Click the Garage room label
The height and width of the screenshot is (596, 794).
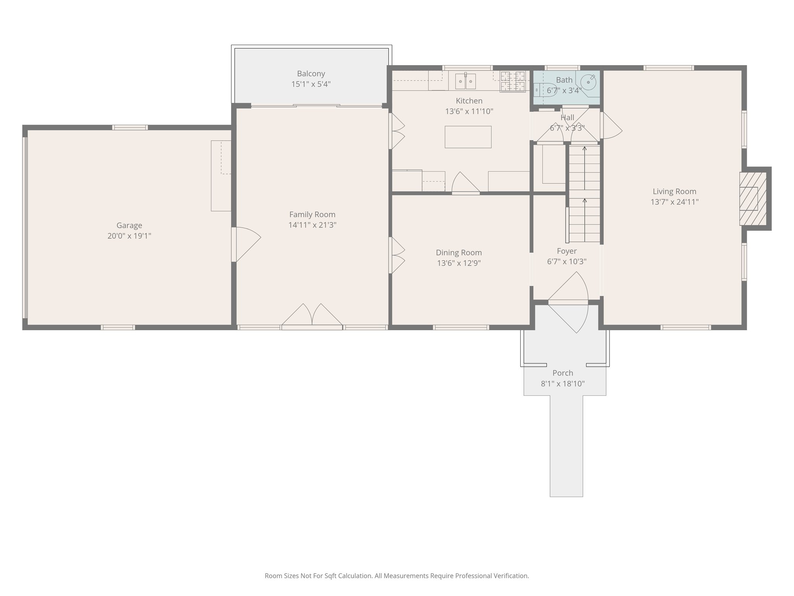(x=129, y=225)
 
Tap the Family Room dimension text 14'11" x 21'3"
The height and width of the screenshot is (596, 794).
(x=312, y=225)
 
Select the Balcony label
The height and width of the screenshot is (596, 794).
(x=311, y=73)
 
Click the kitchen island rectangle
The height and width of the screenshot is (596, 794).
(x=468, y=137)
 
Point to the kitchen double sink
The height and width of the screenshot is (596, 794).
(x=465, y=81)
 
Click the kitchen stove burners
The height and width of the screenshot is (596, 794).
(x=513, y=81)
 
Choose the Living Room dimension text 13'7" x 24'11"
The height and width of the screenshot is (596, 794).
(x=675, y=202)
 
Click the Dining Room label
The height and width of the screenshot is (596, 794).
(x=459, y=253)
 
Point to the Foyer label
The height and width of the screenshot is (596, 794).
(x=566, y=251)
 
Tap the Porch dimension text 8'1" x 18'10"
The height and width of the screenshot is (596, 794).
(x=563, y=384)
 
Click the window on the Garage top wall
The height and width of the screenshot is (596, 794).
(x=130, y=127)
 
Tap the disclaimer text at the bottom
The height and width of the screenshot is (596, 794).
(x=397, y=576)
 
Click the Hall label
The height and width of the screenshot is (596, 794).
(x=567, y=118)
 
